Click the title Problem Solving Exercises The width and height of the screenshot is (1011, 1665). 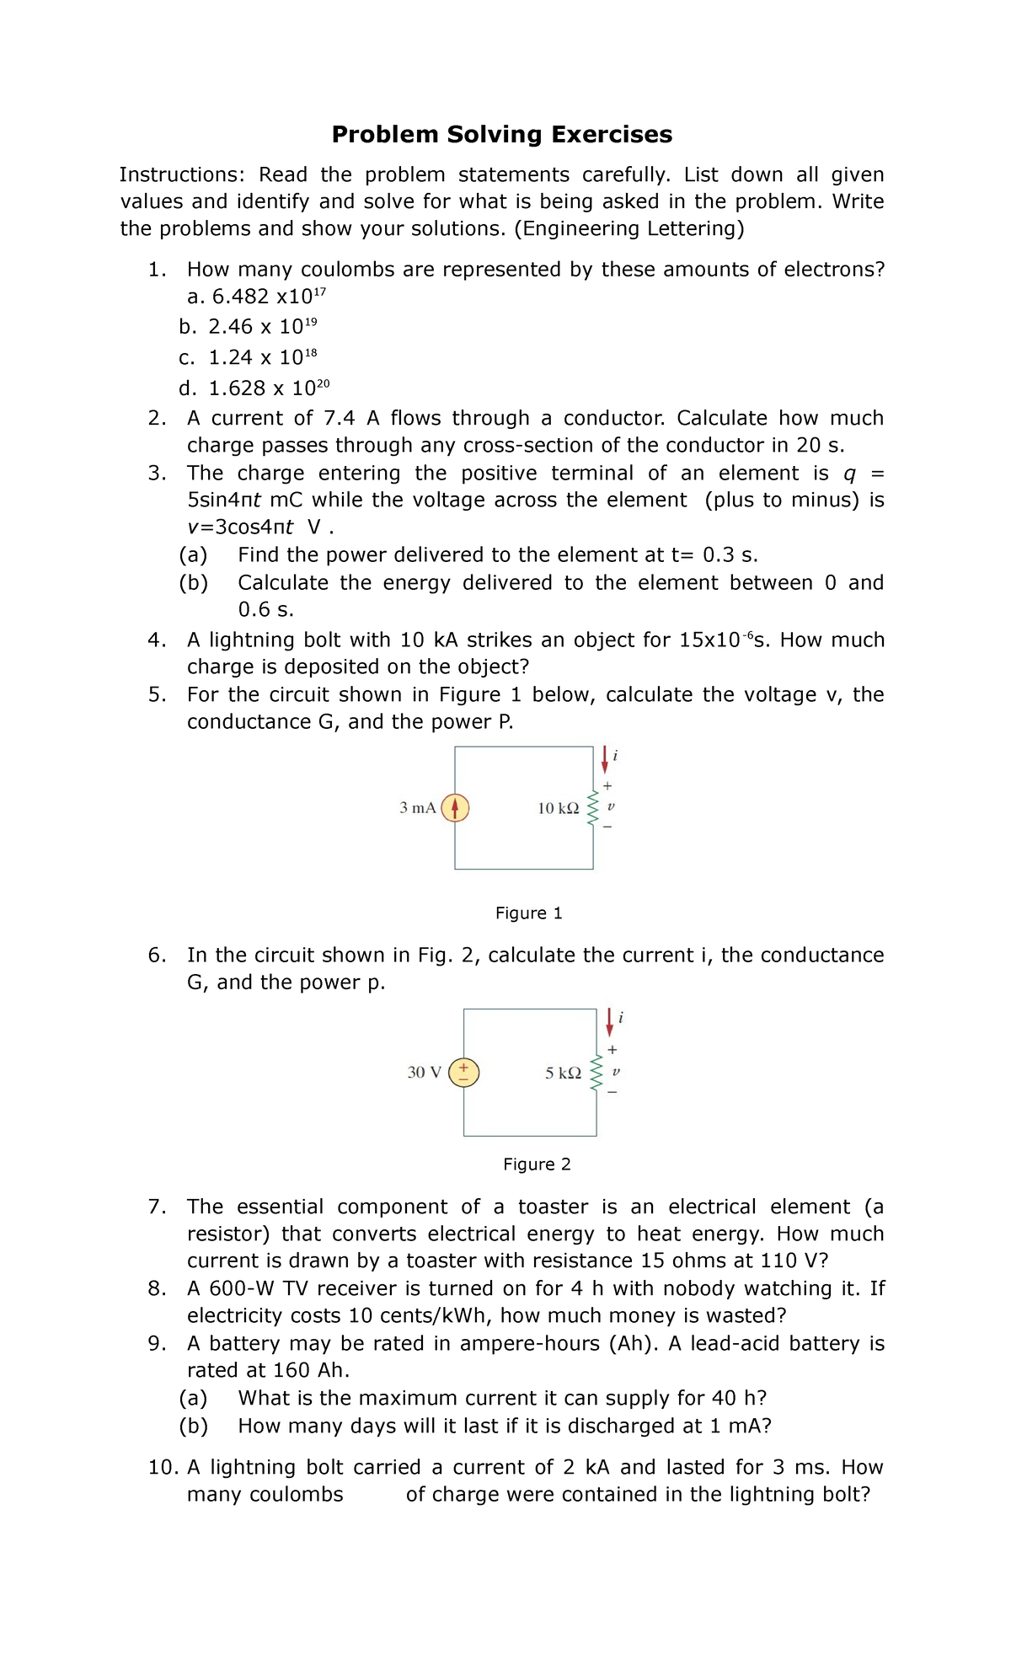(501, 135)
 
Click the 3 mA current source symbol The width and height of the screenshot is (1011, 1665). (455, 808)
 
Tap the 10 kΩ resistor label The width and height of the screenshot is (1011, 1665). (558, 809)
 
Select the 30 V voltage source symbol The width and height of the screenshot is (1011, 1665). (463, 1073)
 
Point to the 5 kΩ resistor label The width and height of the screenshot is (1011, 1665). (563, 1073)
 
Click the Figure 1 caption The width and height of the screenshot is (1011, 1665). (528, 913)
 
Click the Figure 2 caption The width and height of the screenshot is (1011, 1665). (537, 1164)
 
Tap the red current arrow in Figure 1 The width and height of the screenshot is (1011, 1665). (604, 759)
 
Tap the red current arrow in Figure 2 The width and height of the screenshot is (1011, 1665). (610, 1022)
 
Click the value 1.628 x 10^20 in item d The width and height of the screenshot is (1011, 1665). (269, 388)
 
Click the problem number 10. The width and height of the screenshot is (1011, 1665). (163, 1468)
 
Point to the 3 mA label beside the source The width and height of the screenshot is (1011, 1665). (417, 808)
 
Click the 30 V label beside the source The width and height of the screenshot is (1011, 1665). (424, 1073)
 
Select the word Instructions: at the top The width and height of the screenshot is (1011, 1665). (182, 175)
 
